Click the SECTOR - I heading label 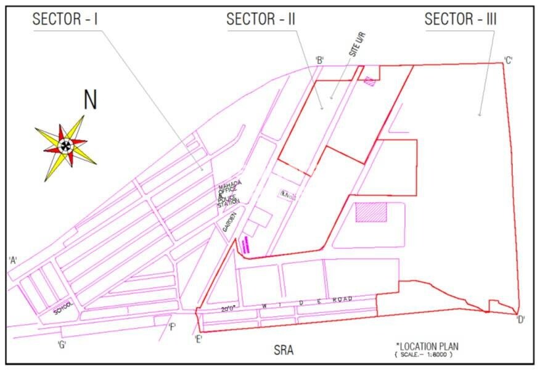(65, 18)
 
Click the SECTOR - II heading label (261, 18)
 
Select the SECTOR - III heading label (460, 19)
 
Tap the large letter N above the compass (91, 100)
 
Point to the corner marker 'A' (12, 260)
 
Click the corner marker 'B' (320, 60)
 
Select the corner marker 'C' (509, 60)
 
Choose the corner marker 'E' (198, 340)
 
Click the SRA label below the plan (284, 351)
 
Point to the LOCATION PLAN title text (427, 346)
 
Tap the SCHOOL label (64, 308)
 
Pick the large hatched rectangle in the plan (371, 213)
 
